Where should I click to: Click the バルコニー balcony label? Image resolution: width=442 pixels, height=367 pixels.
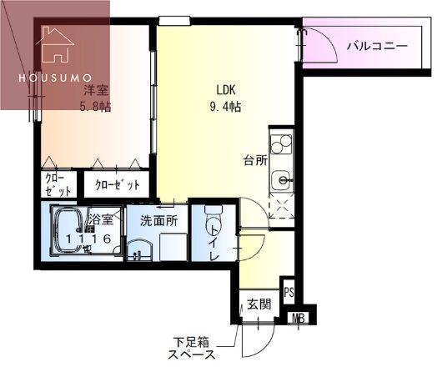(x=378, y=47)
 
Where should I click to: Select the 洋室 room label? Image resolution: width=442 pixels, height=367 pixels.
(x=92, y=90)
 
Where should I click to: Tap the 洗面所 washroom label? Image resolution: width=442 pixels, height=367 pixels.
(x=158, y=222)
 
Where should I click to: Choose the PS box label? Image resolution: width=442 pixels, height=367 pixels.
(x=289, y=292)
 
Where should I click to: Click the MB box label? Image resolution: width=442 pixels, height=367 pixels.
(x=298, y=317)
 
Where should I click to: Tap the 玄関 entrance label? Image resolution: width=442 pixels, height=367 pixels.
(x=258, y=304)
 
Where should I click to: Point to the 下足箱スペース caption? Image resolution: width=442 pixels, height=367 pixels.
(x=193, y=347)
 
